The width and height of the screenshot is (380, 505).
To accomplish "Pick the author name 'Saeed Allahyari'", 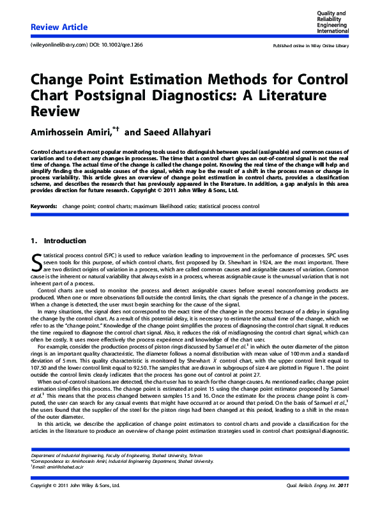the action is click(x=185, y=132).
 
